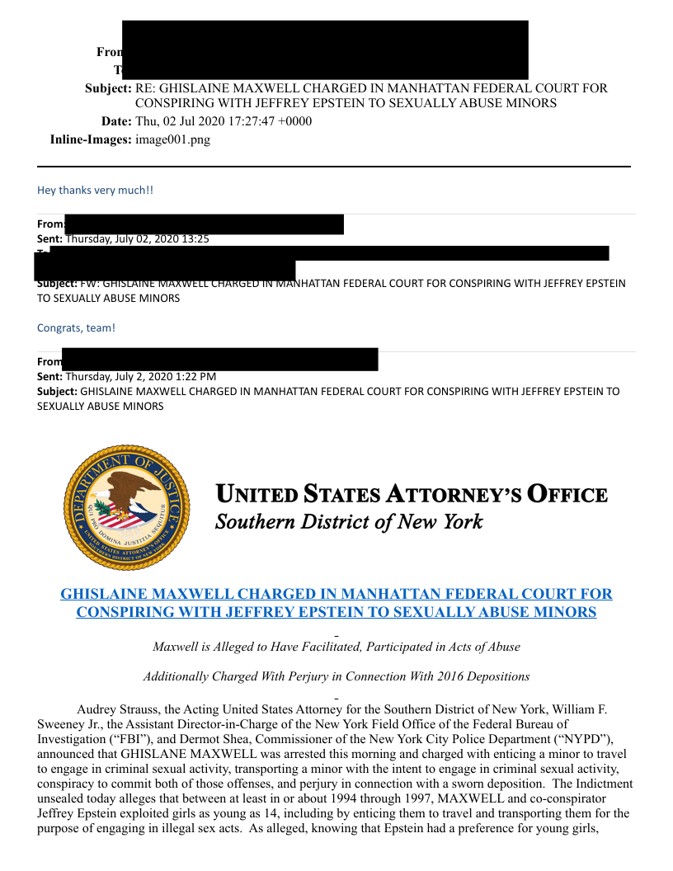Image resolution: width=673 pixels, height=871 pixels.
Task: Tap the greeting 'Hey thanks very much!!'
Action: (x=95, y=190)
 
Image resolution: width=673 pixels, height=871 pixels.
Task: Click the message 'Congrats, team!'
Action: (x=76, y=327)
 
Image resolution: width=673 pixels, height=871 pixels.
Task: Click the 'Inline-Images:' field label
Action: (x=91, y=139)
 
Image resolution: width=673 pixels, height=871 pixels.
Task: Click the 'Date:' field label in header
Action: (x=115, y=121)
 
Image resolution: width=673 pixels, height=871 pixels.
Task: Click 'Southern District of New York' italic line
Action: (x=349, y=522)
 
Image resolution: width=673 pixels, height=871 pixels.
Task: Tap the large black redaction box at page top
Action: (x=325, y=49)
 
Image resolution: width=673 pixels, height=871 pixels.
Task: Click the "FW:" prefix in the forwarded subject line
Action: (x=89, y=283)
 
